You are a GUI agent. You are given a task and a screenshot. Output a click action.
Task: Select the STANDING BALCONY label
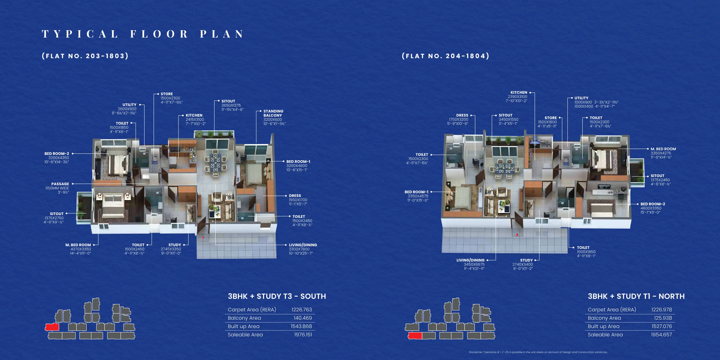(273, 113)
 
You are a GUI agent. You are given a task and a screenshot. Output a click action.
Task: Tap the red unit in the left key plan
(52, 327)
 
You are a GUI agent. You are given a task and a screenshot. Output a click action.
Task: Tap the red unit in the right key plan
(415, 336)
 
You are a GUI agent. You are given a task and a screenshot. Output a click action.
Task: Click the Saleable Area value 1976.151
(303, 335)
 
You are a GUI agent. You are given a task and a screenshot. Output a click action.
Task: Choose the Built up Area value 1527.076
(662, 326)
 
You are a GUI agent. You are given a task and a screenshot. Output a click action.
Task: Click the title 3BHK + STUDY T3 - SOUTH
(277, 296)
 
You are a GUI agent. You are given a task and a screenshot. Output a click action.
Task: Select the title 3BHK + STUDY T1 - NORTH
(636, 296)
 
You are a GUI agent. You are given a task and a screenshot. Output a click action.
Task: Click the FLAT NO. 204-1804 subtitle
(446, 56)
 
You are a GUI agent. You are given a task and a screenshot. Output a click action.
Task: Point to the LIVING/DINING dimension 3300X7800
(299, 249)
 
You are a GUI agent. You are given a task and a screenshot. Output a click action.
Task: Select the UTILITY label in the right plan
(581, 98)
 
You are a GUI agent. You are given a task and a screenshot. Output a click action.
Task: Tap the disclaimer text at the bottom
(538, 352)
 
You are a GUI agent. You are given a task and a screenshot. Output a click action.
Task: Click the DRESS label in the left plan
(295, 196)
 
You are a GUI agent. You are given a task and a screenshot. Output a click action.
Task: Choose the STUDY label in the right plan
(526, 260)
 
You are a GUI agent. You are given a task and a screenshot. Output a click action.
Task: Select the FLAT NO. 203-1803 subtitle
(85, 56)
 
